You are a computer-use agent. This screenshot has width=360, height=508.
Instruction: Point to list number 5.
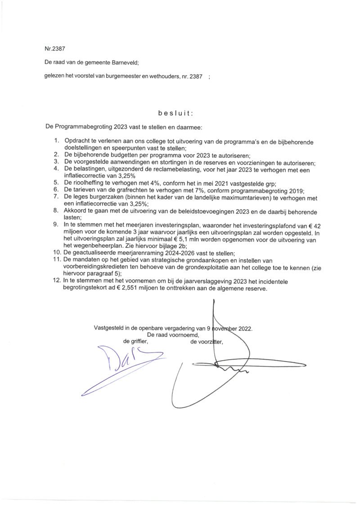tap(56, 183)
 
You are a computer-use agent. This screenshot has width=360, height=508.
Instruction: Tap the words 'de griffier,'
tap(135, 342)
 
